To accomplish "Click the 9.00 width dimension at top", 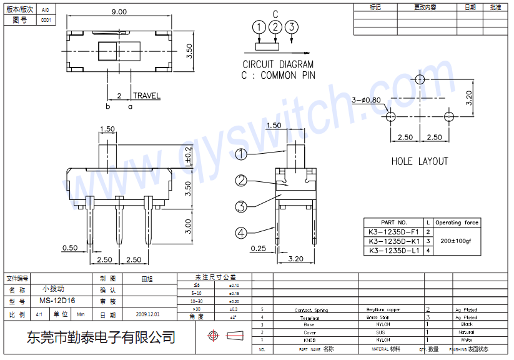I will pos(118,11).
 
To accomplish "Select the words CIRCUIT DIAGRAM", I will pos(278,64).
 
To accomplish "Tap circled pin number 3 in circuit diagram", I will pos(292,27).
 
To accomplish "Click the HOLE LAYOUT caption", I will pos(419,161).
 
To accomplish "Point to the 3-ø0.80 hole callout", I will pos(366,100).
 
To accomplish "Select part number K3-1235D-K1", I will pos(393,241).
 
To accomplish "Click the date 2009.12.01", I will pos(147,314).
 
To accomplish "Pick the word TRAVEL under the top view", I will pos(146,96).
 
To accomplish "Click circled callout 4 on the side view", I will pos(241,233).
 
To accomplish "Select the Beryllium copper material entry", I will pos(383,310).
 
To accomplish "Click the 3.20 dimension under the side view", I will pos(296,258).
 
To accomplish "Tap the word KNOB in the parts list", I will pos(309,340).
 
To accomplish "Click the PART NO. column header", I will pos(393,222).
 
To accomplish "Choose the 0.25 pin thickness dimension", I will pos(257,248).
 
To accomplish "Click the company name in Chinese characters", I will pos(100,337).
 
